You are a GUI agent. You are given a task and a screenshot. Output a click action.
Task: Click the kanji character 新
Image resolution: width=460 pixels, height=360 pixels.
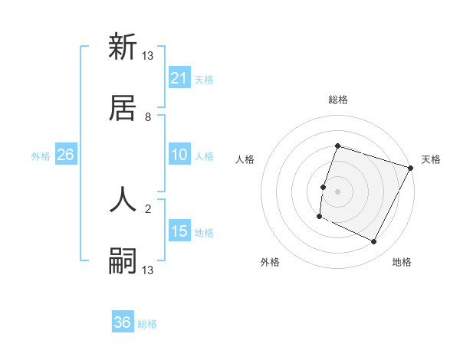123,47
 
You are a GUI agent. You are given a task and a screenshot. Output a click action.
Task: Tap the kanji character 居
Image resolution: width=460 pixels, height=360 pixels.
123,108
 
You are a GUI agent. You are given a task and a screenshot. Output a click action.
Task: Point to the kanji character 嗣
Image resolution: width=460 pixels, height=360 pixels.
123,260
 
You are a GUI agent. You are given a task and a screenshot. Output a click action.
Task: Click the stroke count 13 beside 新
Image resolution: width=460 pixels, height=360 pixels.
148,56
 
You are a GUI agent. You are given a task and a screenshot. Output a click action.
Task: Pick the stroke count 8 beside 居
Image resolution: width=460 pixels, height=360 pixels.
148,117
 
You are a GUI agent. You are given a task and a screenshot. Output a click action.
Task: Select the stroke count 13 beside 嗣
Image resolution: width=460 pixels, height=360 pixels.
148,270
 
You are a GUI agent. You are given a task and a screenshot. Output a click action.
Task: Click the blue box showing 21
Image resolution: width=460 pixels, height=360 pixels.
179,78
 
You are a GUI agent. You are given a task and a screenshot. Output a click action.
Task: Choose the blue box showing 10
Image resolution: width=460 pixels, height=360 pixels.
179,155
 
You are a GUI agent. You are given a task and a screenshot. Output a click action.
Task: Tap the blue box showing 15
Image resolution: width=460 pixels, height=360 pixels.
179,231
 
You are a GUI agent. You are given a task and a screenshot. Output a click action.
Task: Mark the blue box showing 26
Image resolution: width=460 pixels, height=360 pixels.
66,155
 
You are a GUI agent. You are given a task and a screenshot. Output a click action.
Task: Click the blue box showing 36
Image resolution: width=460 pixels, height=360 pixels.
123,322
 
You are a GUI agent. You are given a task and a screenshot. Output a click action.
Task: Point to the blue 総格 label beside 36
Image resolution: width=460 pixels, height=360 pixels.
147,324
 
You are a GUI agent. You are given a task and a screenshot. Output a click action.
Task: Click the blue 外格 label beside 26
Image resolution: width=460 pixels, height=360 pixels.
41,156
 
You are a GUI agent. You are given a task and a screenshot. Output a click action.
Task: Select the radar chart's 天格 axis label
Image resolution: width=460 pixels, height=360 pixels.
431,159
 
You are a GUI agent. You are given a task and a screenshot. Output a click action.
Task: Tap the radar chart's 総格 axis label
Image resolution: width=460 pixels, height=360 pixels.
337,100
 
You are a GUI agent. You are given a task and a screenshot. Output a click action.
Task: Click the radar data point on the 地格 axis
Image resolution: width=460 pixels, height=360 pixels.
374,242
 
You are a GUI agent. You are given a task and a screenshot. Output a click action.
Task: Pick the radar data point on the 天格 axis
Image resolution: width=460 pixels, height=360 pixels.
411,168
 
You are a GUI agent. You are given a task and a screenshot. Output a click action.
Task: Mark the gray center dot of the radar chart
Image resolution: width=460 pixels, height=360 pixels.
337,191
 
